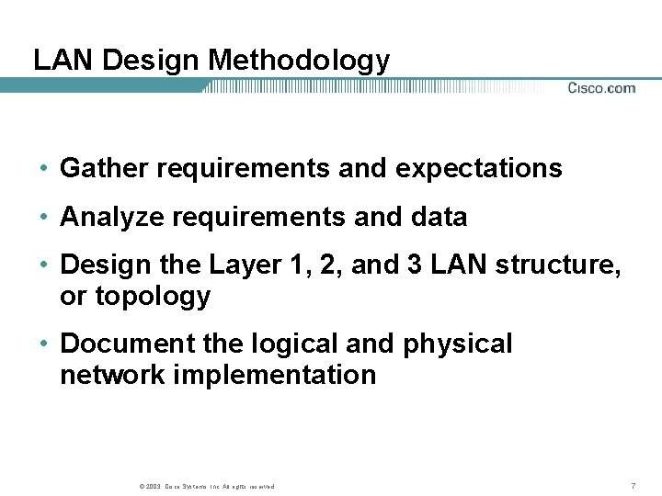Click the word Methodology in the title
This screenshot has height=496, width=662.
[x=299, y=61]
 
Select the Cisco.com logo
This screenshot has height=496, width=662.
[x=601, y=88]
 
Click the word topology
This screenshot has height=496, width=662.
[x=152, y=297]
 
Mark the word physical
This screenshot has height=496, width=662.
[x=457, y=344]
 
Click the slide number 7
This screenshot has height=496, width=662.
[x=633, y=485]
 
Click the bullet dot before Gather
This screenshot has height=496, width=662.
[x=43, y=169]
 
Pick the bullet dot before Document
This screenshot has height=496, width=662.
[x=43, y=344]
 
